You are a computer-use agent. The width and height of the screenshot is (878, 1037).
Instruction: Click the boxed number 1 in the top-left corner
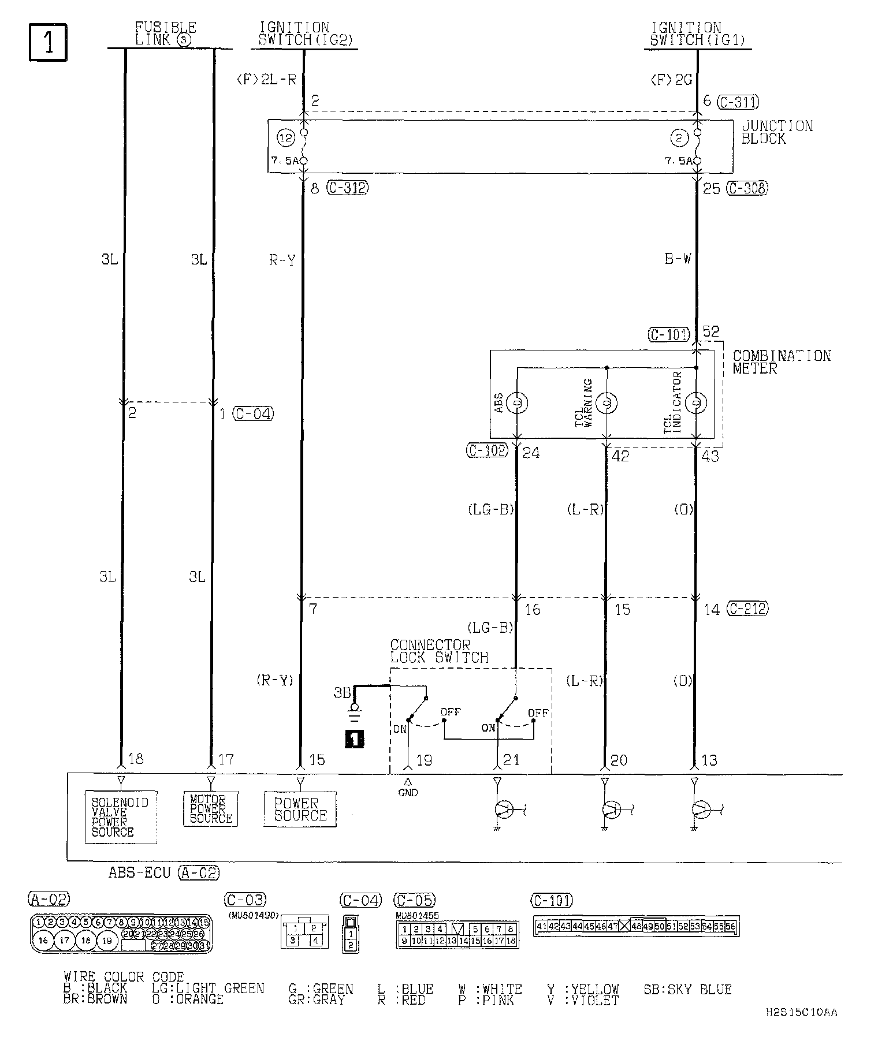48,42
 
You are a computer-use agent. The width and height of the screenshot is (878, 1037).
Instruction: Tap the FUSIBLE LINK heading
166,34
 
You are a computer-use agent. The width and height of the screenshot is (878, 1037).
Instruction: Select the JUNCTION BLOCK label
776,132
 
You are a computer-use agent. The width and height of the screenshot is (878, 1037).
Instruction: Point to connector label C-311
738,102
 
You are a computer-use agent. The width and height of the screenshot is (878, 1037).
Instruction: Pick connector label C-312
347,188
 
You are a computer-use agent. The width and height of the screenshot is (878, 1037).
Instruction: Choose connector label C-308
747,188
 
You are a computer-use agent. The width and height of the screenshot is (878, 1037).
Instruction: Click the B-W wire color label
678,259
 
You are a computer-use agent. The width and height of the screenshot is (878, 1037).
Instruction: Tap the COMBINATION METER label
781,362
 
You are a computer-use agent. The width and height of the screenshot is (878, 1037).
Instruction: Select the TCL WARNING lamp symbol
607,402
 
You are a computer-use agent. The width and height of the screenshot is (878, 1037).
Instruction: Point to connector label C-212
747,609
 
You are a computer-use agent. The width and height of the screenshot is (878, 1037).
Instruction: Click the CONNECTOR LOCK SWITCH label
439,651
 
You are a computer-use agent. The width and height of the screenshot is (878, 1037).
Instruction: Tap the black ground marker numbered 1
354,739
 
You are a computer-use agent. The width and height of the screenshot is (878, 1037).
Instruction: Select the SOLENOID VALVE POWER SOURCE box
120,817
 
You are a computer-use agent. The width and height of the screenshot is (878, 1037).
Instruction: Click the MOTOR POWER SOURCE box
210,809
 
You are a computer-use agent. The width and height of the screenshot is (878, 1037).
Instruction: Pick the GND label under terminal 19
408,793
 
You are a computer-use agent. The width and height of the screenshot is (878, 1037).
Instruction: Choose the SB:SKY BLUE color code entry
687,990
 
